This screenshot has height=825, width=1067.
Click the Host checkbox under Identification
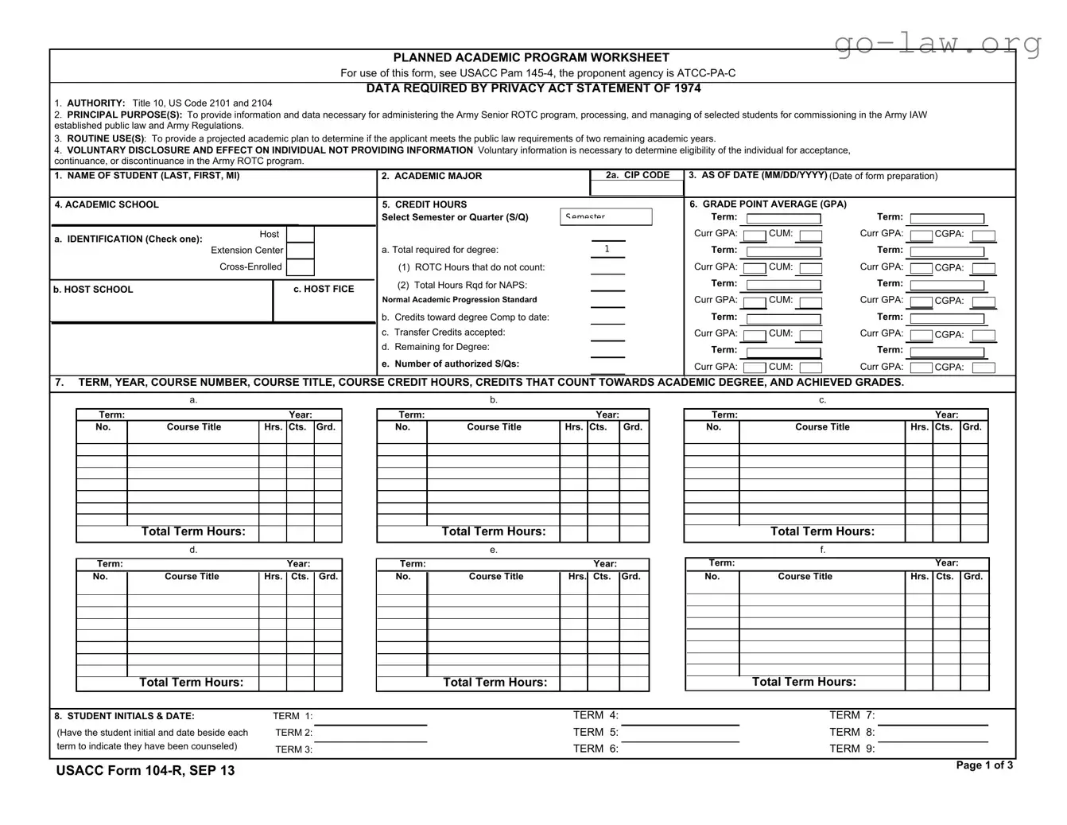(x=300, y=235)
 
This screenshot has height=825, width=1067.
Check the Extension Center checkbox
(x=300, y=250)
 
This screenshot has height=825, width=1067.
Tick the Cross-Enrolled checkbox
(x=300, y=267)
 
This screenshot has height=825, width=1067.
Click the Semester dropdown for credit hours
(x=607, y=216)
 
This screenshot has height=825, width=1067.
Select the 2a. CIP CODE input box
(x=636, y=189)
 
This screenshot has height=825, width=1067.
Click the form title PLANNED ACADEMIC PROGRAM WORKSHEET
(x=531, y=57)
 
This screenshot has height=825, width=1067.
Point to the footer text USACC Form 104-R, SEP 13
(x=145, y=770)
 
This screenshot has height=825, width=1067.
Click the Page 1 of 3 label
(x=984, y=765)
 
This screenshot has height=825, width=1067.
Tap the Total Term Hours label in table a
(x=193, y=531)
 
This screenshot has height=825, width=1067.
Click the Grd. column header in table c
(x=972, y=427)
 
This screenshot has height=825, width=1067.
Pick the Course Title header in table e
(x=496, y=577)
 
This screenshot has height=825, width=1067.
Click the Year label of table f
(x=946, y=563)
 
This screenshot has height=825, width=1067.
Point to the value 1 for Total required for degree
(x=607, y=249)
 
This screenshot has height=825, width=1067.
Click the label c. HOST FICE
(x=324, y=289)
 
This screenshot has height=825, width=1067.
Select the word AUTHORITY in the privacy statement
(x=95, y=103)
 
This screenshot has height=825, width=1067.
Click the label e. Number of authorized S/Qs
(x=450, y=364)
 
